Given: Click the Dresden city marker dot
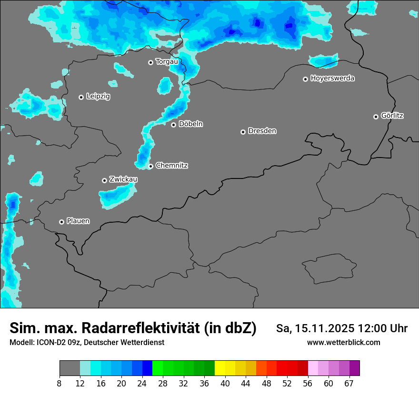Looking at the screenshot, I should [243, 132].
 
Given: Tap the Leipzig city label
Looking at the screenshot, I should [98, 97].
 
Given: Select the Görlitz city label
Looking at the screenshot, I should [392, 116].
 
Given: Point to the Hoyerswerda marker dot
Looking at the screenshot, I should [305, 79].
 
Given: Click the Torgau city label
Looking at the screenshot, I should [167, 61].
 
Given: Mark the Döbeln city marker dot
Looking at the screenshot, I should [173, 125].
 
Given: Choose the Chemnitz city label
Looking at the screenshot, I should [171, 166].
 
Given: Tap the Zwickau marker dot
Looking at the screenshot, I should [104, 180].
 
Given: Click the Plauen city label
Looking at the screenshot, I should [78, 221].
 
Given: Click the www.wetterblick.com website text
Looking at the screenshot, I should [343, 343].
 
